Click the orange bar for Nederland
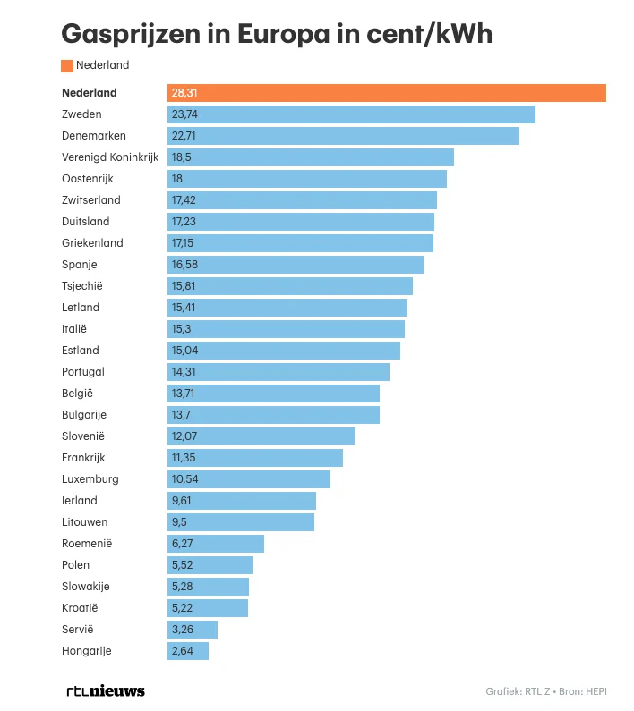(x=387, y=93)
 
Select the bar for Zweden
(x=351, y=114)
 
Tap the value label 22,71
(x=184, y=136)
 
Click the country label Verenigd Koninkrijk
(x=110, y=157)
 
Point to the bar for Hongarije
(x=188, y=651)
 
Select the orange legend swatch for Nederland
(x=67, y=65)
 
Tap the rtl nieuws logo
(x=106, y=690)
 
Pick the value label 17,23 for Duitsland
(x=184, y=222)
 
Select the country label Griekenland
(x=92, y=243)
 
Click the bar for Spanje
(x=296, y=265)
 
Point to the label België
(x=77, y=394)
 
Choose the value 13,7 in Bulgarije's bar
(x=181, y=415)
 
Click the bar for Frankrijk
(x=255, y=458)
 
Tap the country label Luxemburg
(x=90, y=479)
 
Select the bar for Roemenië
(x=216, y=544)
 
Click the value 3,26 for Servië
(x=181, y=630)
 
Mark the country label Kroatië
(x=81, y=608)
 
